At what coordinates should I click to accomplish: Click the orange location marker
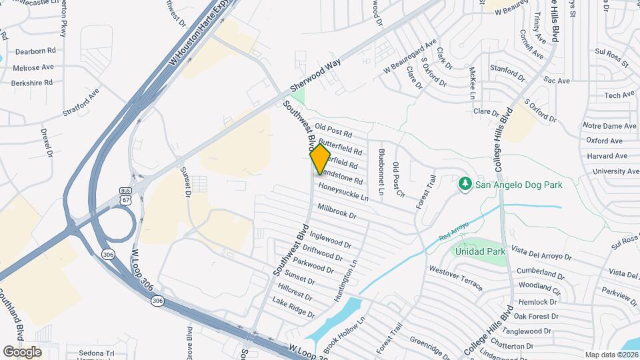pos(320,159)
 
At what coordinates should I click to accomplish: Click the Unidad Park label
pos(479,251)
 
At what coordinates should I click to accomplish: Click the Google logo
pos(22,351)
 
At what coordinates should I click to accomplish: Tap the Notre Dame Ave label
pos(610,126)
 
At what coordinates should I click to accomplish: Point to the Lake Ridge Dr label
pos(293,307)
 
